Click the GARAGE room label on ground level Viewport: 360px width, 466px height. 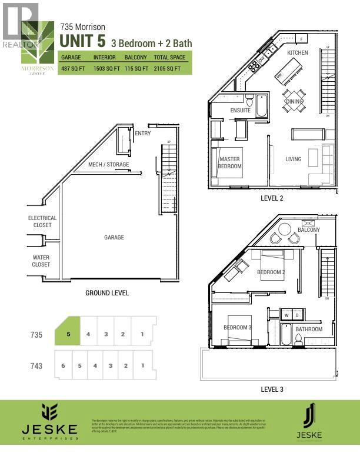click(114, 238)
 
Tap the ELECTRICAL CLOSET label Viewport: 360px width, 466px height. click(42, 221)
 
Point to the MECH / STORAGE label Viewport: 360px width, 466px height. click(109, 165)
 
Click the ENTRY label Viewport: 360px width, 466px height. click(143, 134)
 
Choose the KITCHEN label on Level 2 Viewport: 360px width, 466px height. click(298, 53)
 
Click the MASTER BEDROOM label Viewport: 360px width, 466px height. click(230, 162)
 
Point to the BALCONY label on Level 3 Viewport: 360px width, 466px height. click(309, 230)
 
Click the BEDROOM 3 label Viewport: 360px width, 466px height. click(237, 328)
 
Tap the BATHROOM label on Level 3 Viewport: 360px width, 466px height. click(309, 329)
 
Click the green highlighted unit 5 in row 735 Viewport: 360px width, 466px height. click(68, 335)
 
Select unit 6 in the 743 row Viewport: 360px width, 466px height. click(62, 365)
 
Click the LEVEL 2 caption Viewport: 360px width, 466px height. click(272, 198)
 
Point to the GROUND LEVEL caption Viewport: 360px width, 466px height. click(107, 293)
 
